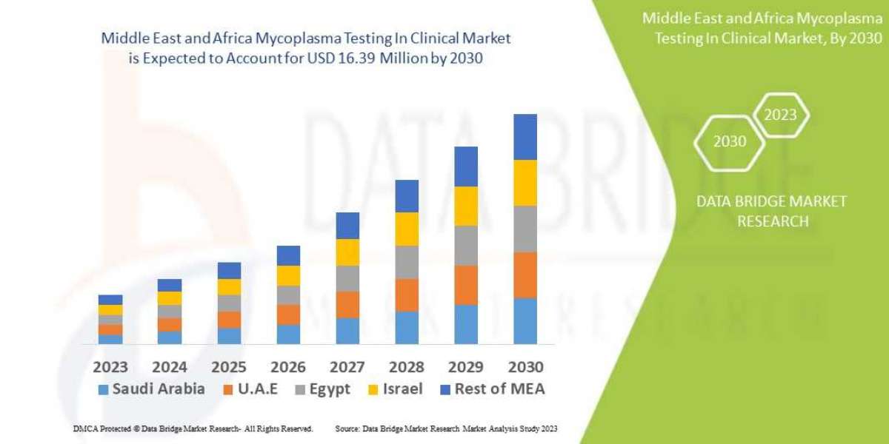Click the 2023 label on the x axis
pos(110,367)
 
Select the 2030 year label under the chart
pos(525,367)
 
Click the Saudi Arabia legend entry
pos(152,389)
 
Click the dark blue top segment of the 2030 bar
pos(525,137)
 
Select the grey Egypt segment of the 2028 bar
pos(407,262)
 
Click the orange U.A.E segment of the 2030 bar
pos(525,275)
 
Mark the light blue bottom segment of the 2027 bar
pos(347,331)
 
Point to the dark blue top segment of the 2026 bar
pos(288,255)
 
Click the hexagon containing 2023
pos(780,115)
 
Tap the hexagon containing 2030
pos(730,141)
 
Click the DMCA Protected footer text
pos(193,428)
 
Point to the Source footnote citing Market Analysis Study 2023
pos(446,428)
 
